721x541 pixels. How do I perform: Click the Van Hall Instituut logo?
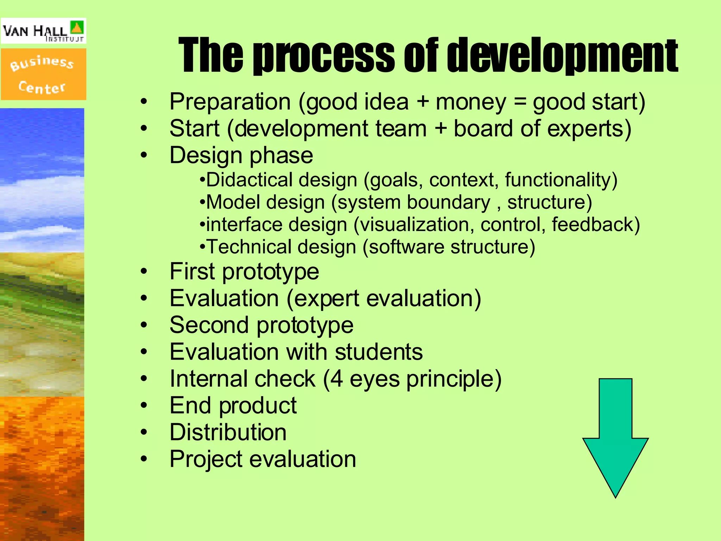tap(43, 31)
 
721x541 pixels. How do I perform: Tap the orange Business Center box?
tap(43, 74)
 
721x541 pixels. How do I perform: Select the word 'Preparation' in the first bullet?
tap(230, 102)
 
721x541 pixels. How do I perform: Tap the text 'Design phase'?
tap(241, 155)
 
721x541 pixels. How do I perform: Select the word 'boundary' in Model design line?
tap(449, 202)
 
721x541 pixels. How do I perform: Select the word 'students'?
tap(378, 352)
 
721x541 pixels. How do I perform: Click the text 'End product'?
tap(233, 405)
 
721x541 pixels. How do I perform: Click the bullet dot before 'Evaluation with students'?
tap(143, 352)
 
